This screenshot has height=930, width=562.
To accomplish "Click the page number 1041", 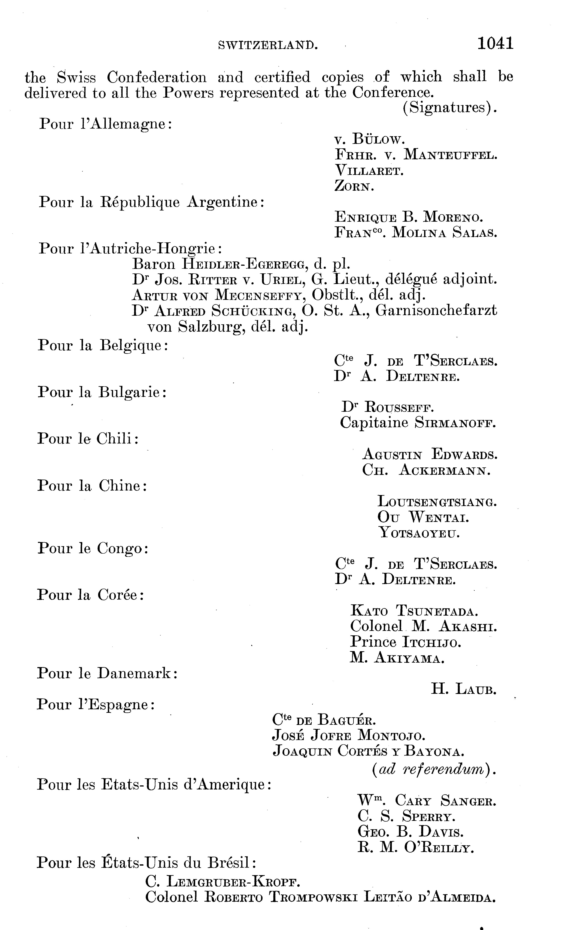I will click(495, 43).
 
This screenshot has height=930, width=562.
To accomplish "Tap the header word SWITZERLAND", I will click(268, 46).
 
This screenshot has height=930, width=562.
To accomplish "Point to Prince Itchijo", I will click(405, 642).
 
